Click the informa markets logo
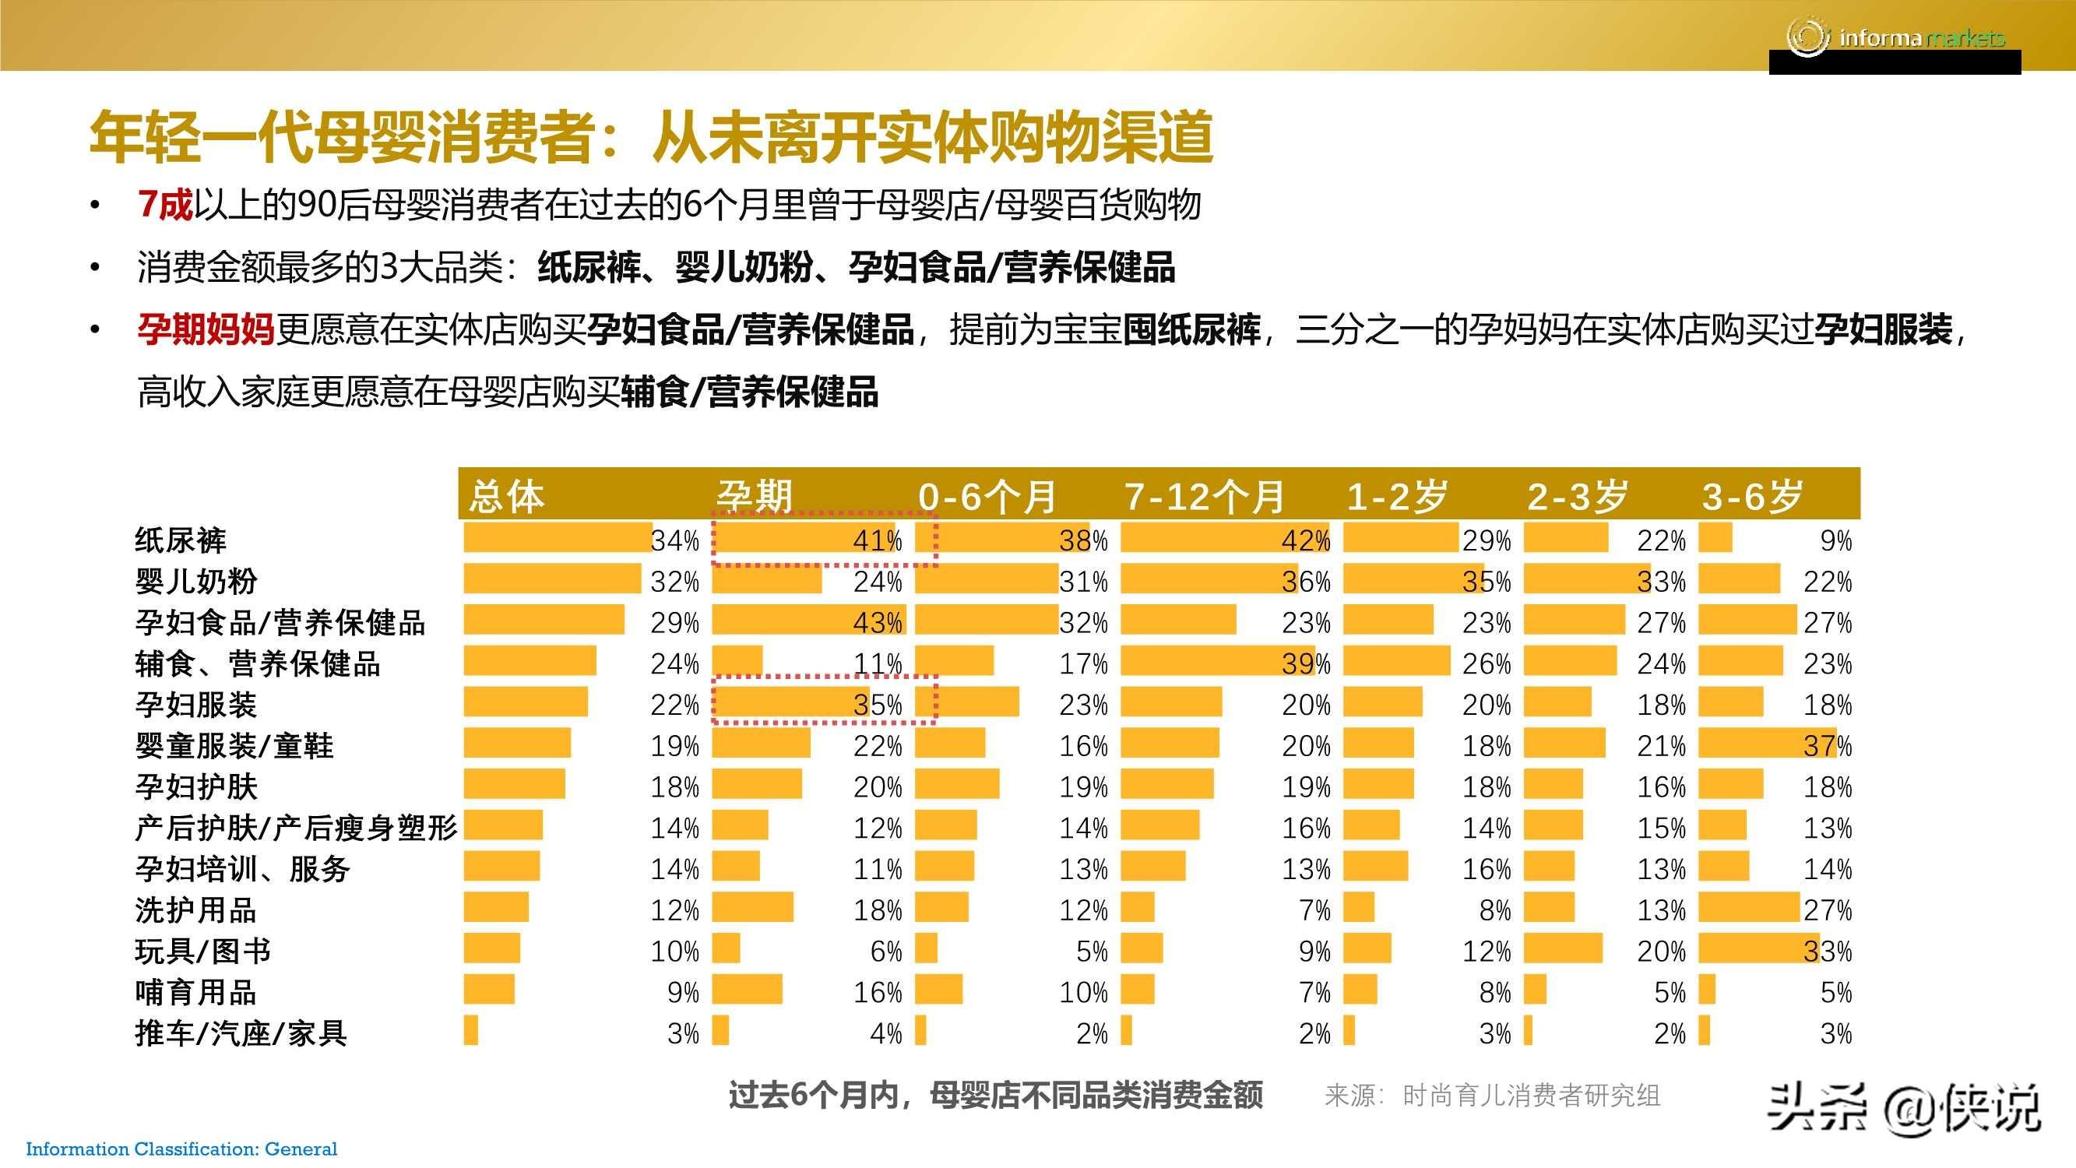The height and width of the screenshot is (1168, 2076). click(1894, 37)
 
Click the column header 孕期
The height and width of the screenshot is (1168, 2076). click(755, 495)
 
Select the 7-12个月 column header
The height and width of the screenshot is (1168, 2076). click(1204, 495)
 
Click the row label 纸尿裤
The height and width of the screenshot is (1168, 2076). click(181, 540)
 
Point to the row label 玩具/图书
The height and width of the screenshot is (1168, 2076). click(202, 952)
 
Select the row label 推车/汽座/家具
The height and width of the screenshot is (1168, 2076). click(240, 1033)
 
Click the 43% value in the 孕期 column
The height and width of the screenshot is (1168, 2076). click(878, 622)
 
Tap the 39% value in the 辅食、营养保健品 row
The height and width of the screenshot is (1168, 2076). click(1306, 663)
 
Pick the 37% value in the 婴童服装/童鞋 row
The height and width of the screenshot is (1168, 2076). click(1827, 746)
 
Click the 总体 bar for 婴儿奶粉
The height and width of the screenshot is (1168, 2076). click(552, 579)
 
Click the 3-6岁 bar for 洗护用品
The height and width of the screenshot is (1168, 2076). click(1749, 908)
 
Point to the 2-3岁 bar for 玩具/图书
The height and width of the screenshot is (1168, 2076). click(1563, 948)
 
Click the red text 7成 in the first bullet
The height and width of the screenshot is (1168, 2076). click(164, 205)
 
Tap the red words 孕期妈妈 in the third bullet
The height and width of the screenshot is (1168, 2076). click(206, 329)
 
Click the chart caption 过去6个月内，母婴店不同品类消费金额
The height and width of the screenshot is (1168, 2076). click(995, 1096)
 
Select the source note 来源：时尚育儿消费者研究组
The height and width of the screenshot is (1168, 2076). click(1492, 1096)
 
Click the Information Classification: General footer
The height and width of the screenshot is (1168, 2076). click(181, 1149)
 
